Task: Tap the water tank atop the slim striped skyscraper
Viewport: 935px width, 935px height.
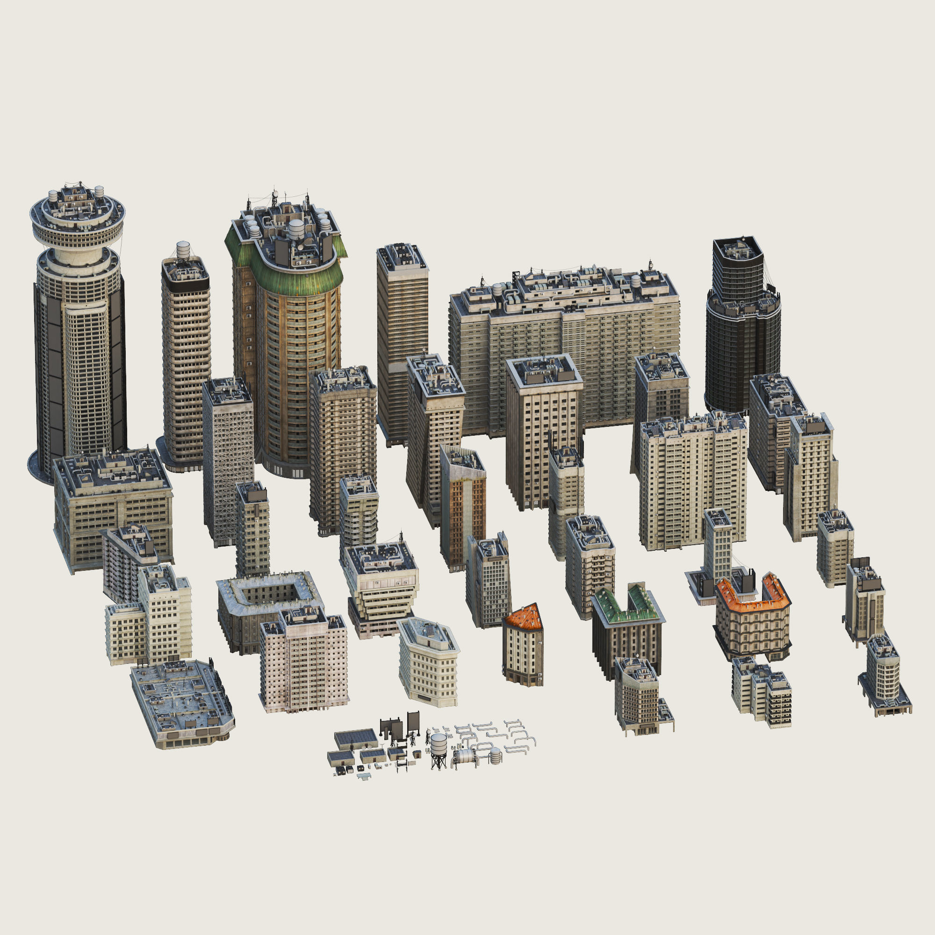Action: [183, 250]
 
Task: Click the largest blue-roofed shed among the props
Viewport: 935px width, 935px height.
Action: [356, 739]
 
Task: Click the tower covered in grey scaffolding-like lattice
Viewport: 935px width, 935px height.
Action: [228, 460]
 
